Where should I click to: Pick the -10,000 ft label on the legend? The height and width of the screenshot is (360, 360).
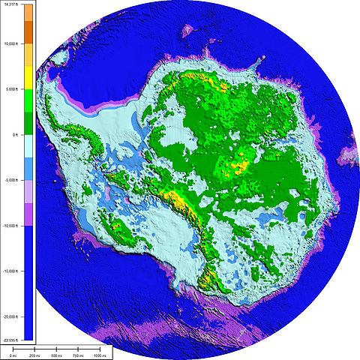click(10, 226)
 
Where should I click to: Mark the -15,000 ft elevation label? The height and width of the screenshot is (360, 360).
click(10, 271)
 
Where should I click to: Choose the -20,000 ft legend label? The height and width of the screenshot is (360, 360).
click(10, 317)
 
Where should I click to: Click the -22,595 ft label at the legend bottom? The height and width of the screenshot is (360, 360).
click(10, 340)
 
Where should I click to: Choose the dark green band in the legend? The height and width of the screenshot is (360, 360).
click(28, 122)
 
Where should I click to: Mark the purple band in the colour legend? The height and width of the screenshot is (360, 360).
click(28, 214)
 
